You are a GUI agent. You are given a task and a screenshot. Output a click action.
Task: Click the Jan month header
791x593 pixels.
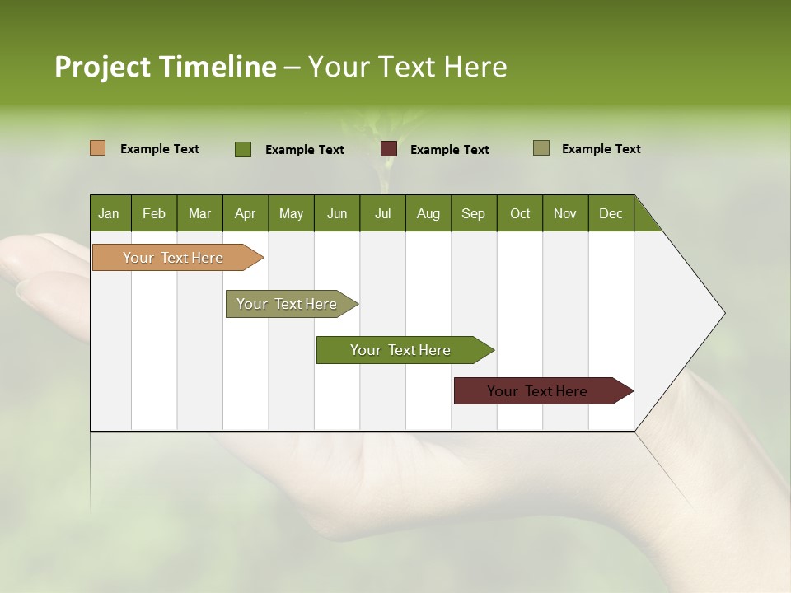click(x=109, y=213)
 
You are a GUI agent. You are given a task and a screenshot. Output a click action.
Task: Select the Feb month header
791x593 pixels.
click(x=154, y=213)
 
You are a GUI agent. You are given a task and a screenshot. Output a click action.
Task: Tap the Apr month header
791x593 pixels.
click(x=245, y=213)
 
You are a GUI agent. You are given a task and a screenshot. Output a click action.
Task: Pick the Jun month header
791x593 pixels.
click(x=337, y=213)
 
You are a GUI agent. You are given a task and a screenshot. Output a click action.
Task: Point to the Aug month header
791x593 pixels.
click(x=428, y=213)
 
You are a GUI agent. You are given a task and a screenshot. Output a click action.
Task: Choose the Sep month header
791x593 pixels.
click(x=473, y=213)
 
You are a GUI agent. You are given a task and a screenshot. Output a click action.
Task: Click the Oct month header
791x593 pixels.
click(x=520, y=213)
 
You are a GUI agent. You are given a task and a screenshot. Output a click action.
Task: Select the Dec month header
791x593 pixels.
click(x=611, y=213)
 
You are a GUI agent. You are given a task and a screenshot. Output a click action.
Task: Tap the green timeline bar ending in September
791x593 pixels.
click(x=401, y=350)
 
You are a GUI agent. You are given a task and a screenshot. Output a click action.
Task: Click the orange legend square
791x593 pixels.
click(x=97, y=148)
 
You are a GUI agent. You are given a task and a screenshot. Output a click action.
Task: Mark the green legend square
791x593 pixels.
click(x=243, y=149)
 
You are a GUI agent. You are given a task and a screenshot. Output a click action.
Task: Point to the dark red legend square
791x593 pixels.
click(x=389, y=149)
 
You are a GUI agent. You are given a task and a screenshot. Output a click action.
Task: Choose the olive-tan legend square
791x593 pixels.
click(x=541, y=148)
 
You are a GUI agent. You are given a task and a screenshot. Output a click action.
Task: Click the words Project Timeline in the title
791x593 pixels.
click(x=166, y=67)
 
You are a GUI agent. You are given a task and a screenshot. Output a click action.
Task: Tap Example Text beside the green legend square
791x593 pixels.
click(x=305, y=150)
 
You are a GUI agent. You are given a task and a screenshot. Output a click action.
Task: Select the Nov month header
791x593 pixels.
click(x=565, y=213)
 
